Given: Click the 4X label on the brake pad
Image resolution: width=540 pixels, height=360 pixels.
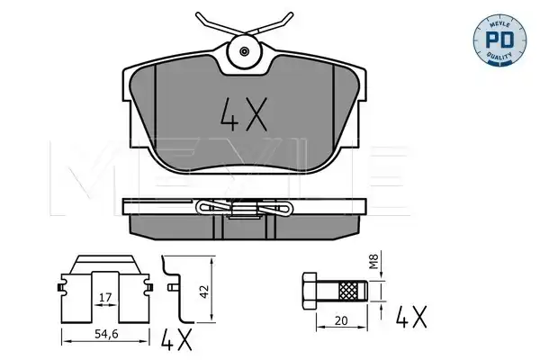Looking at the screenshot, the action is click(x=244, y=114).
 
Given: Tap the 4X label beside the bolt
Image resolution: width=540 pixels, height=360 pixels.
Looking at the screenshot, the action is click(x=411, y=317).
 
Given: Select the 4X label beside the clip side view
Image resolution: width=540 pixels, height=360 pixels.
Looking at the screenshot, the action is click(x=176, y=339).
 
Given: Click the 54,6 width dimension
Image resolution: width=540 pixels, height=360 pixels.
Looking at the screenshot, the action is click(x=106, y=334).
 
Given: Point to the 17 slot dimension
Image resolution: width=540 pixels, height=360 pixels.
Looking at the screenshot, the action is click(x=105, y=297).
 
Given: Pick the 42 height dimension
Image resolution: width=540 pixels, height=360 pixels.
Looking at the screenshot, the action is click(x=204, y=292).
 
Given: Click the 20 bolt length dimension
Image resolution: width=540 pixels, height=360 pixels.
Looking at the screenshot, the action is click(x=341, y=320).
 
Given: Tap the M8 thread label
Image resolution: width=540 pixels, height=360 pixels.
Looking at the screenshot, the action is click(x=373, y=261).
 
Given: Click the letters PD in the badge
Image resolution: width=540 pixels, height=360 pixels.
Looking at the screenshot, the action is click(x=499, y=40).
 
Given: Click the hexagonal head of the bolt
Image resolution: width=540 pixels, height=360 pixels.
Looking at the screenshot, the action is click(x=310, y=291).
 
